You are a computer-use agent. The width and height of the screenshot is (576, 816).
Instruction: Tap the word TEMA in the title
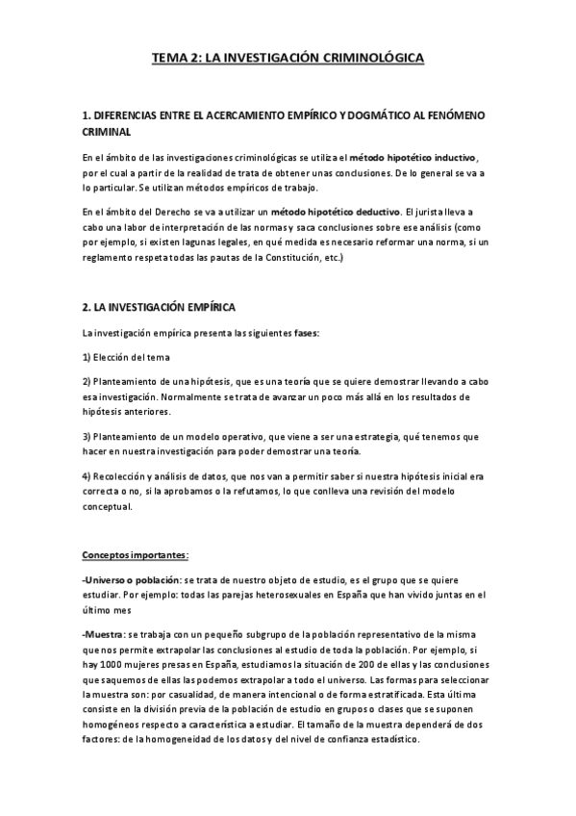(x=169, y=59)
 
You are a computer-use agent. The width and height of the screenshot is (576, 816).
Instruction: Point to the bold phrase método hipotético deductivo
(x=335, y=211)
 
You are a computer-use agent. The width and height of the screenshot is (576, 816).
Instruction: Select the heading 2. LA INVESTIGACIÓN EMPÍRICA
(x=159, y=307)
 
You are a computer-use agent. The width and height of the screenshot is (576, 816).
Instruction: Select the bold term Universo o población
(x=131, y=581)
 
